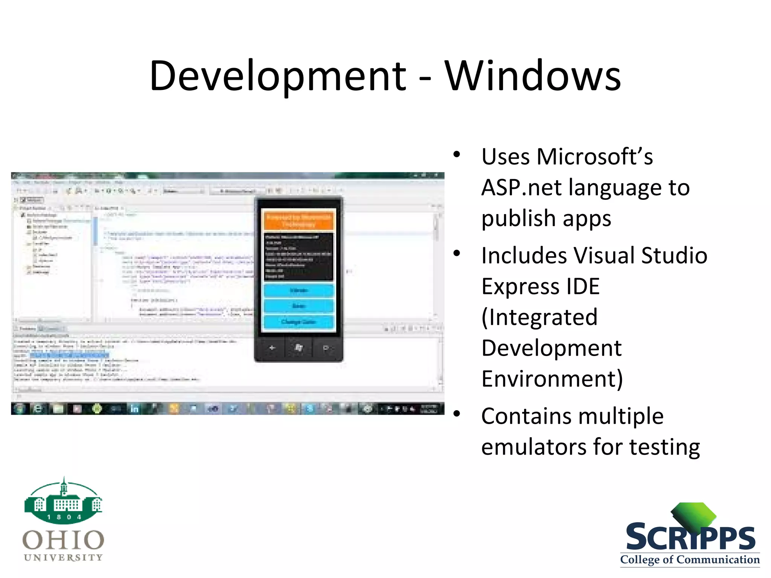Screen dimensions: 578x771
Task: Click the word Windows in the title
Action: [533, 76]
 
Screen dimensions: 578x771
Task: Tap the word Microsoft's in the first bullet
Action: [595, 157]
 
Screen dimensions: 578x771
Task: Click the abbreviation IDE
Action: [578, 286]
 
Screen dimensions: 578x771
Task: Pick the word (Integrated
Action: [539, 317]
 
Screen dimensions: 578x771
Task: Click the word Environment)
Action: [552, 379]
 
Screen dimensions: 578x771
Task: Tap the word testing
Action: [665, 447]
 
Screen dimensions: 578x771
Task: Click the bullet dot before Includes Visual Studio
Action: [457, 253]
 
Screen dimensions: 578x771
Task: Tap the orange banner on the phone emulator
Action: [299, 221]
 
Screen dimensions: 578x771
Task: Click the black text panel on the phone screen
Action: [299, 257]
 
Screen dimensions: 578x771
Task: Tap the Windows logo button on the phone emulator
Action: [299, 348]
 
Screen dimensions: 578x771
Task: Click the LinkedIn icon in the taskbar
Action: [134, 409]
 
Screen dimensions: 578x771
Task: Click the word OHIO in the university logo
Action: [63, 540]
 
